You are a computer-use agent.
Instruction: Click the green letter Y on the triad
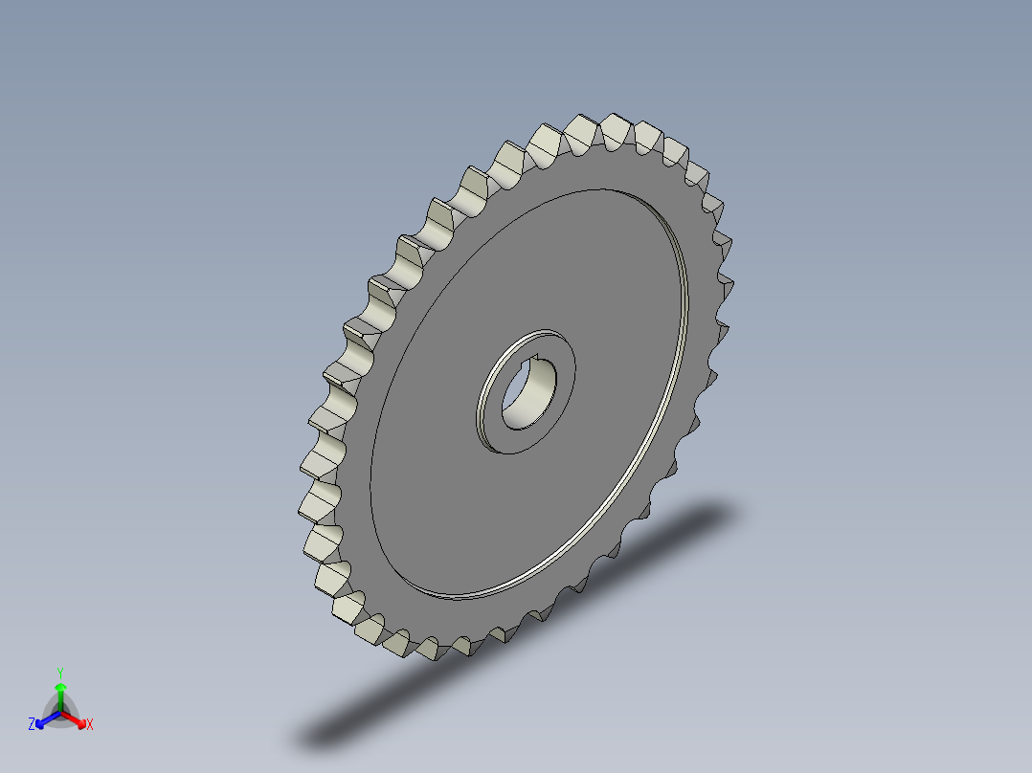pos(59,673)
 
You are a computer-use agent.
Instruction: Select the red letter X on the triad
pos(90,725)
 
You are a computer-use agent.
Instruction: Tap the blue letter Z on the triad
pos(32,725)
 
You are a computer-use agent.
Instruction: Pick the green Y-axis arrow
pos(59,694)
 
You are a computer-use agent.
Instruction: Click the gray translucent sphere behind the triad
pos(59,710)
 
